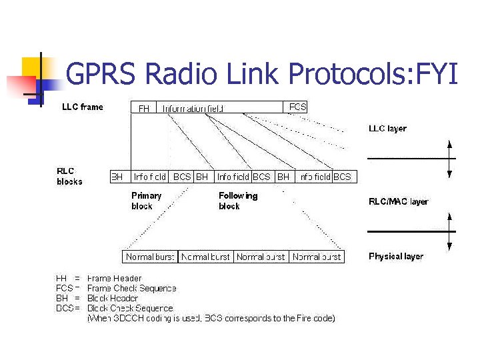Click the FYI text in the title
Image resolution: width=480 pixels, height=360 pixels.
(437, 73)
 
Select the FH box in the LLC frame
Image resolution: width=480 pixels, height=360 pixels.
(143, 107)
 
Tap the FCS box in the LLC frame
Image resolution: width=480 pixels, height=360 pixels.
(297, 107)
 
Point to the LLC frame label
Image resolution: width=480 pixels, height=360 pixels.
(83, 107)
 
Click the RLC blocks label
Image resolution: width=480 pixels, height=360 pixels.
(69, 176)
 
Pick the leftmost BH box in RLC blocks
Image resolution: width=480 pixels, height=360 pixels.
(117, 177)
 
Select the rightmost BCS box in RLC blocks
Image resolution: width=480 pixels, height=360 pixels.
(342, 177)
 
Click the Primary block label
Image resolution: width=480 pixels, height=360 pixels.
(146, 201)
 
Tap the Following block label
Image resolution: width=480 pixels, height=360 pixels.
(237, 201)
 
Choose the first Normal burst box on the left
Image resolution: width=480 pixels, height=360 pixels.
(151, 257)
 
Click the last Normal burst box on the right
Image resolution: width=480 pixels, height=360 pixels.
(317, 257)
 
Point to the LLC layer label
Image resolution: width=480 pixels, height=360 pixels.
(387, 129)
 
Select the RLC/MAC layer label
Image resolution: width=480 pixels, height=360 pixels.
(398, 201)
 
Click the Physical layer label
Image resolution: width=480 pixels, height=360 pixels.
(395, 257)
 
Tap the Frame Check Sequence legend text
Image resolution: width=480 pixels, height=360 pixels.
(131, 288)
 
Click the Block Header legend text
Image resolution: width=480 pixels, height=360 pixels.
(113, 298)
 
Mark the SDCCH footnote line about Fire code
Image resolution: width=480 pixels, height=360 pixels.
(211, 318)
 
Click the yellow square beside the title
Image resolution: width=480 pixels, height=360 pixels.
(33, 67)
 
